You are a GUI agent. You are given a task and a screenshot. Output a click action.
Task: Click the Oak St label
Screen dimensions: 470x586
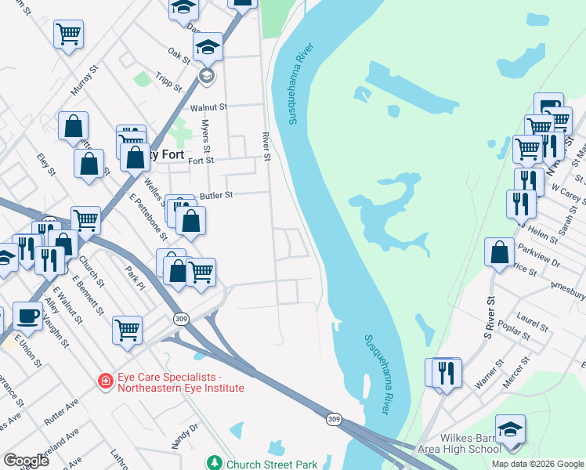coord(179,55)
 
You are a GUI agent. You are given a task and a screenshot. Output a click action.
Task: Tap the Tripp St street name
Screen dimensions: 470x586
coord(167,81)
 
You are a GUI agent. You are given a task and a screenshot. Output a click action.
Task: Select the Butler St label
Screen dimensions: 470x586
coord(217,194)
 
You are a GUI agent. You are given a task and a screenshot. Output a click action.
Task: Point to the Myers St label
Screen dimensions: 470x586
coord(206,136)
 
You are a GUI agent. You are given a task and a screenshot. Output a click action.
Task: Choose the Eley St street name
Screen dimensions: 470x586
coord(46,164)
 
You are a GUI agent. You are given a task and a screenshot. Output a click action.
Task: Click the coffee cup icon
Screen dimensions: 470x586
coord(28,316)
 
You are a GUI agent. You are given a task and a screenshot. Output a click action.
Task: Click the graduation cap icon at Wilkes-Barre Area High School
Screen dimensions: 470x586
coord(510,428)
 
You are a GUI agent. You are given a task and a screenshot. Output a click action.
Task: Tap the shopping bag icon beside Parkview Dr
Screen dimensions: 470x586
coord(500,252)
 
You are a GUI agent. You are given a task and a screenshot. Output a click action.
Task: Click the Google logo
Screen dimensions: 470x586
coord(26,461)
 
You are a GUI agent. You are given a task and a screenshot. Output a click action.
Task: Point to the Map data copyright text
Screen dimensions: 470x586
coord(537,464)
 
